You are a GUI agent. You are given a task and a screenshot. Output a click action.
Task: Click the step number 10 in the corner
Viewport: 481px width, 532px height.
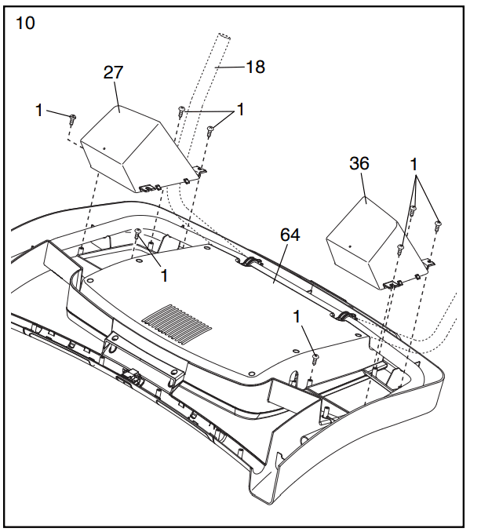tap(25, 23)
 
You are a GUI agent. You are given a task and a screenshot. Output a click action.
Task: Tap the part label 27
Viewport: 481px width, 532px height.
tap(115, 73)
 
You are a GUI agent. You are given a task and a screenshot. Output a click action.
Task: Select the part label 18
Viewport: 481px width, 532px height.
tap(254, 67)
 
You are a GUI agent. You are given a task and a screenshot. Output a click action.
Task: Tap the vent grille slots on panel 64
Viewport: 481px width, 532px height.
tap(179, 322)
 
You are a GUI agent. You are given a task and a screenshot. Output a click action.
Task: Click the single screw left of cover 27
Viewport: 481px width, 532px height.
tap(72, 120)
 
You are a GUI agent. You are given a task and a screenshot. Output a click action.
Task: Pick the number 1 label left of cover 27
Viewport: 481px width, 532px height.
tap(39, 111)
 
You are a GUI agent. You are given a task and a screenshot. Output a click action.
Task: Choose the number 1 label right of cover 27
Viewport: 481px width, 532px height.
tap(240, 110)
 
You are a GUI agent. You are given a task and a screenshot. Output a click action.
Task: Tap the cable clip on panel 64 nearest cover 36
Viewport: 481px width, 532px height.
tap(344, 316)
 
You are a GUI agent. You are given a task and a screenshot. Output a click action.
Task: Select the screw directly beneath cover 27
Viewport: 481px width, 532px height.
tap(139, 235)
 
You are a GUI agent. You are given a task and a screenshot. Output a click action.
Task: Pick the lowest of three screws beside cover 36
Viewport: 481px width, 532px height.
tap(400, 251)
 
